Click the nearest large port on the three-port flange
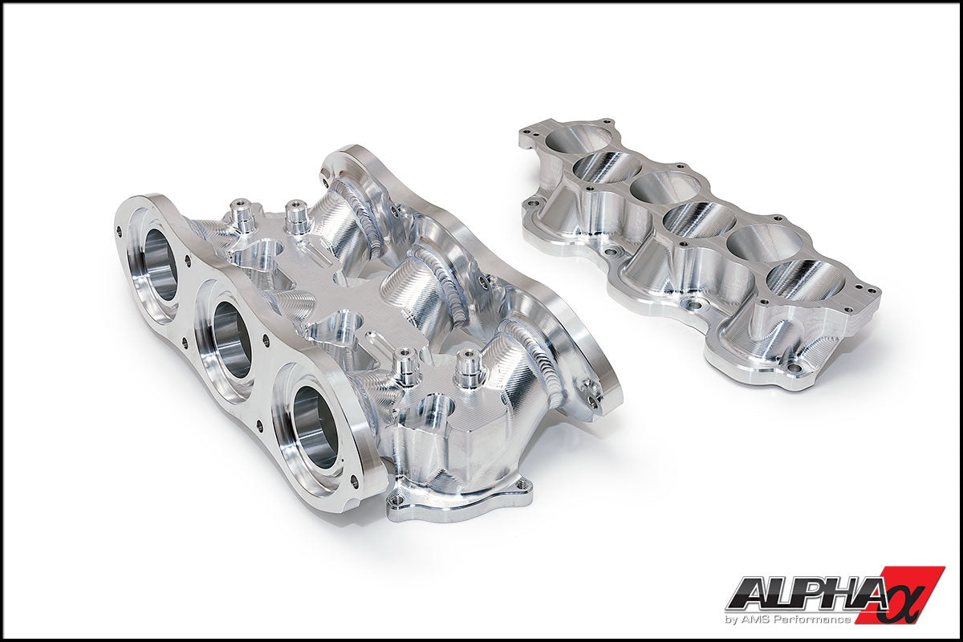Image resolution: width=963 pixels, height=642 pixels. (x=314, y=425)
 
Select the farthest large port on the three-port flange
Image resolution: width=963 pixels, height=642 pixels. (x=160, y=264)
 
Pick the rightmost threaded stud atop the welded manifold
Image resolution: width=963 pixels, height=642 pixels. (x=468, y=367)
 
